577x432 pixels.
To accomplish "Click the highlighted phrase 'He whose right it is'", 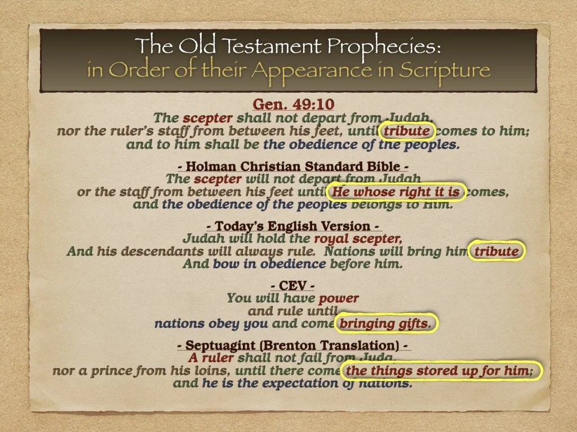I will (396, 192).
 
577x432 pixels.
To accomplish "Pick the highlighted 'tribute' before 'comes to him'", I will (406, 132).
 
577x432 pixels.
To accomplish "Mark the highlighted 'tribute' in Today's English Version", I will (496, 251).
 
